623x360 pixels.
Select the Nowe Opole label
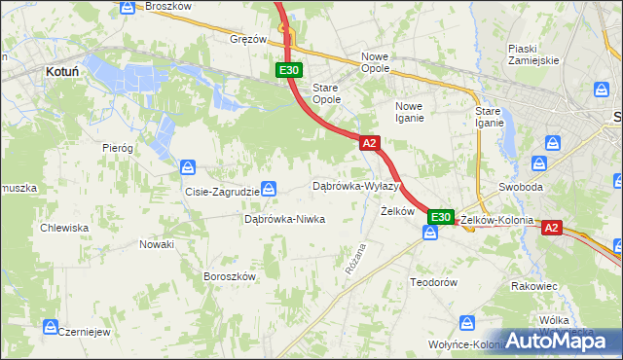click(375, 62)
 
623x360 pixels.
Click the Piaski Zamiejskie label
click(533, 54)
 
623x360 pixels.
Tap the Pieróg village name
click(117, 148)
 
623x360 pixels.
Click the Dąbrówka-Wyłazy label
click(356, 185)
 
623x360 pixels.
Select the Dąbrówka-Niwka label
click(284, 219)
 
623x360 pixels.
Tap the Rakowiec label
click(534, 287)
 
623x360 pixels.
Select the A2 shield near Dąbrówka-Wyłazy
click(369, 143)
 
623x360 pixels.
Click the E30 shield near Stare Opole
click(289, 70)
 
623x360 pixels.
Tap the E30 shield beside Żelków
click(441, 217)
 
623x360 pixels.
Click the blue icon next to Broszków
click(128, 7)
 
